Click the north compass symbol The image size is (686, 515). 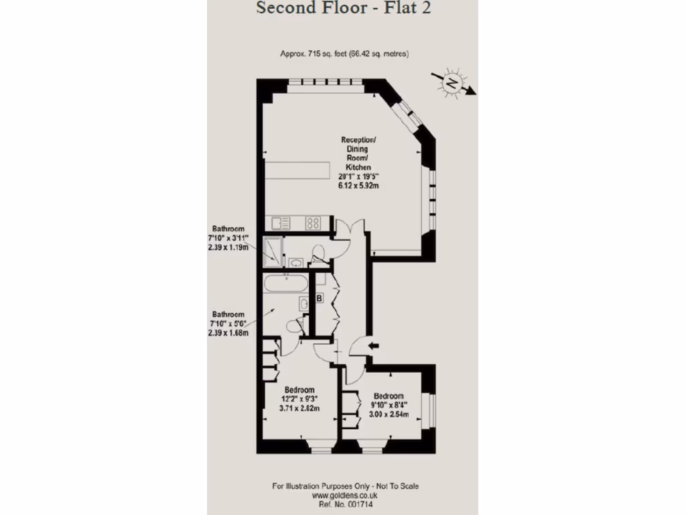[452, 83]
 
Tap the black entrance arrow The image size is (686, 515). [373, 346]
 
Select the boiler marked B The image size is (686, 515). [320, 297]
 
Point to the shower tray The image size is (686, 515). [273, 249]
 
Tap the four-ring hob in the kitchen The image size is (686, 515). [313, 223]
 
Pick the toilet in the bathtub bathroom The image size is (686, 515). [293, 327]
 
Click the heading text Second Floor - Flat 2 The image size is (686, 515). [344, 8]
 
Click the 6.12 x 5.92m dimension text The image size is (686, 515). [359, 185]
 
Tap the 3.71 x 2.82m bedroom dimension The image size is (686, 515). [300, 408]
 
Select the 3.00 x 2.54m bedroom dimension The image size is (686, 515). [389, 414]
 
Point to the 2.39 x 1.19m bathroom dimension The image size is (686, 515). [228, 247]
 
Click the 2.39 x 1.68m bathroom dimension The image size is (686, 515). [228, 333]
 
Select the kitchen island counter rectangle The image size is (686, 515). [298, 170]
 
